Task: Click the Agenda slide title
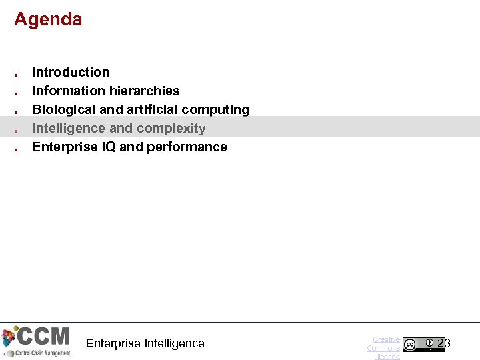tap(48, 19)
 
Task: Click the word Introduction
tap(71, 72)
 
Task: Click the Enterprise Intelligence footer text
tap(145, 343)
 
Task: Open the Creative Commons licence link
tap(384, 348)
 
